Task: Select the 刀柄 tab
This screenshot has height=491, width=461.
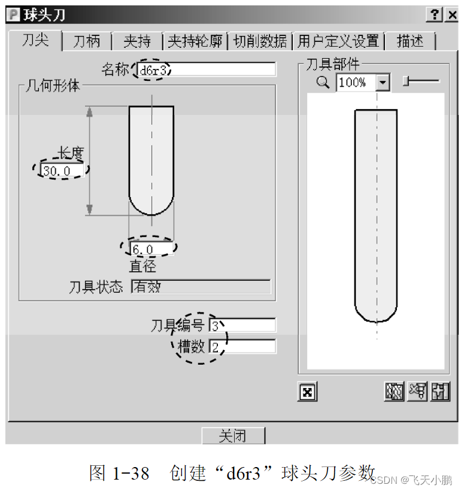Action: pyautogui.click(x=87, y=41)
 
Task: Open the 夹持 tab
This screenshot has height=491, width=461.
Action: pyautogui.click(x=137, y=41)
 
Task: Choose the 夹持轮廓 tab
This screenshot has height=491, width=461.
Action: pyautogui.click(x=195, y=41)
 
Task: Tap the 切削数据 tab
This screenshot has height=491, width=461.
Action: pyautogui.click(x=260, y=41)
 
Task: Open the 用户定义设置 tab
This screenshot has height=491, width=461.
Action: pyautogui.click(x=338, y=41)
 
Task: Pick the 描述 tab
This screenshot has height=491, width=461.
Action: pyautogui.click(x=410, y=41)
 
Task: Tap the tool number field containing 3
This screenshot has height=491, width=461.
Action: pyautogui.click(x=242, y=325)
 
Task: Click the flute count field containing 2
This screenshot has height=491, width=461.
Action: pyautogui.click(x=242, y=347)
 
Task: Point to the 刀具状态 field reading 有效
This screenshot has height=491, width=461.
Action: pyautogui.click(x=201, y=287)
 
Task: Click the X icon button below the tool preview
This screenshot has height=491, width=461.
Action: pyautogui.click(x=307, y=392)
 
